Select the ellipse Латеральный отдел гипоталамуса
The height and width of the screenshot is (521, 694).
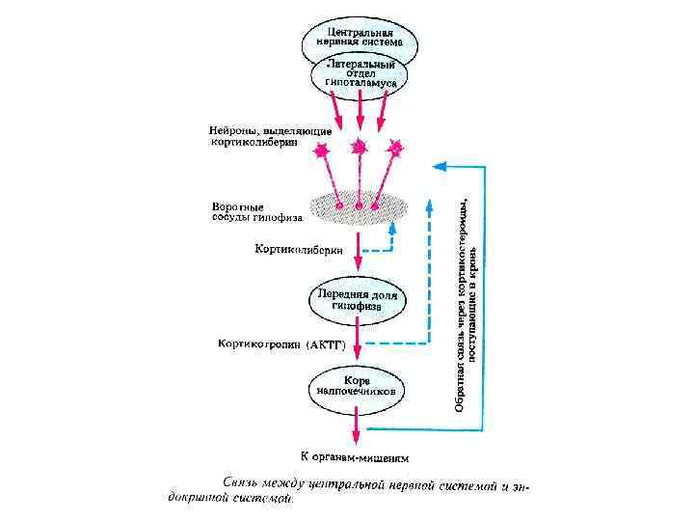pos(359,75)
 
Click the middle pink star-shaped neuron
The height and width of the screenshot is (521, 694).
pos(359,146)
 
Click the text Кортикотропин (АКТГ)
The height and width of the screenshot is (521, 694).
pos(280,343)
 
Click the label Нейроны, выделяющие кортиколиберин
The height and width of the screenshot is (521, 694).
pos(271,136)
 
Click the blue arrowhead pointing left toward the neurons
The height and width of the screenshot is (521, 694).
pos(439,165)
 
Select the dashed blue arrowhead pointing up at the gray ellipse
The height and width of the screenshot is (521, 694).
pos(393,228)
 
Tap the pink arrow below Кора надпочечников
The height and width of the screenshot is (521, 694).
pos(358,425)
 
